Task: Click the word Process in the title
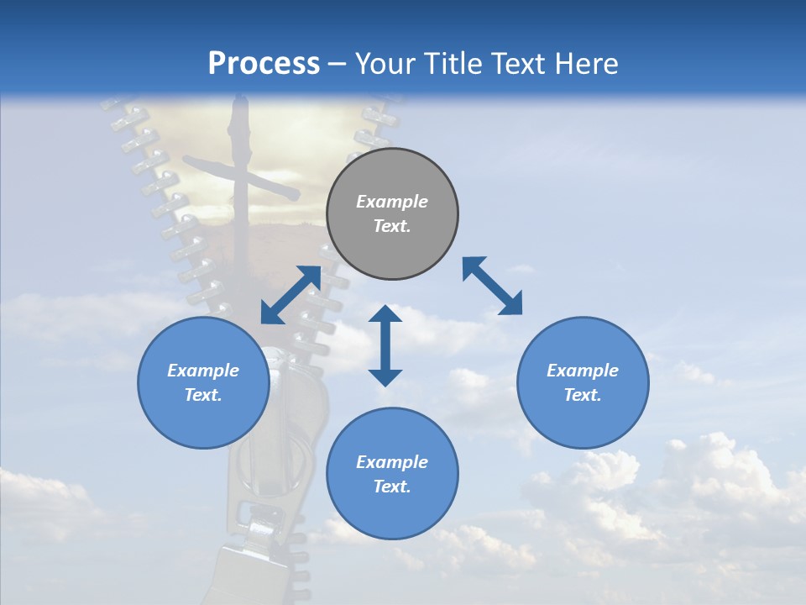(x=264, y=64)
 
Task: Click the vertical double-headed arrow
(x=385, y=345)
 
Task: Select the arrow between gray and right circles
(x=492, y=286)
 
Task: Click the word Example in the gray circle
(x=392, y=202)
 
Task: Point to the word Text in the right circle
(x=583, y=395)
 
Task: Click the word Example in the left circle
(x=203, y=371)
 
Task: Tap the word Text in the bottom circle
(x=392, y=487)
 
